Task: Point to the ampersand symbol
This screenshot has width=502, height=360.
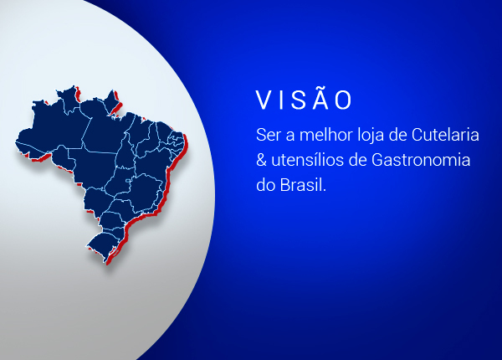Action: click(x=261, y=160)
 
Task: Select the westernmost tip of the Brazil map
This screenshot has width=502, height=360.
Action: click(x=18, y=142)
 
